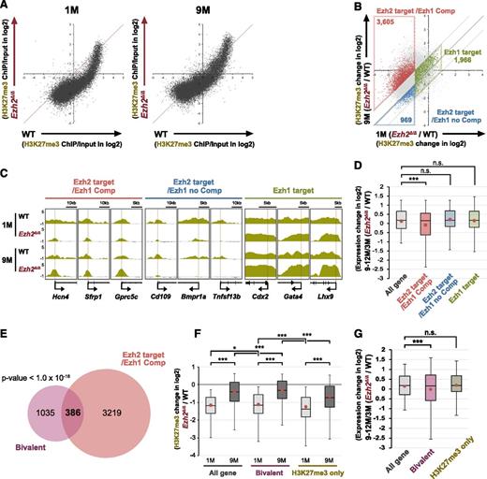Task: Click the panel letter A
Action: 6,7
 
